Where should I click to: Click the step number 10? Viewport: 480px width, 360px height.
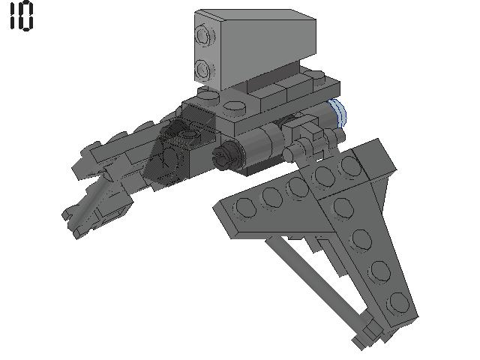21,17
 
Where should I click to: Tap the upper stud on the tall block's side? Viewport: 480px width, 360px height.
203,35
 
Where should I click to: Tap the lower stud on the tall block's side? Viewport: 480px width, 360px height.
205,70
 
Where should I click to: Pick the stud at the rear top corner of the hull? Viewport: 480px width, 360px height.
319,78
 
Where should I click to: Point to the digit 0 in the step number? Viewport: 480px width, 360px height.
26,17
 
